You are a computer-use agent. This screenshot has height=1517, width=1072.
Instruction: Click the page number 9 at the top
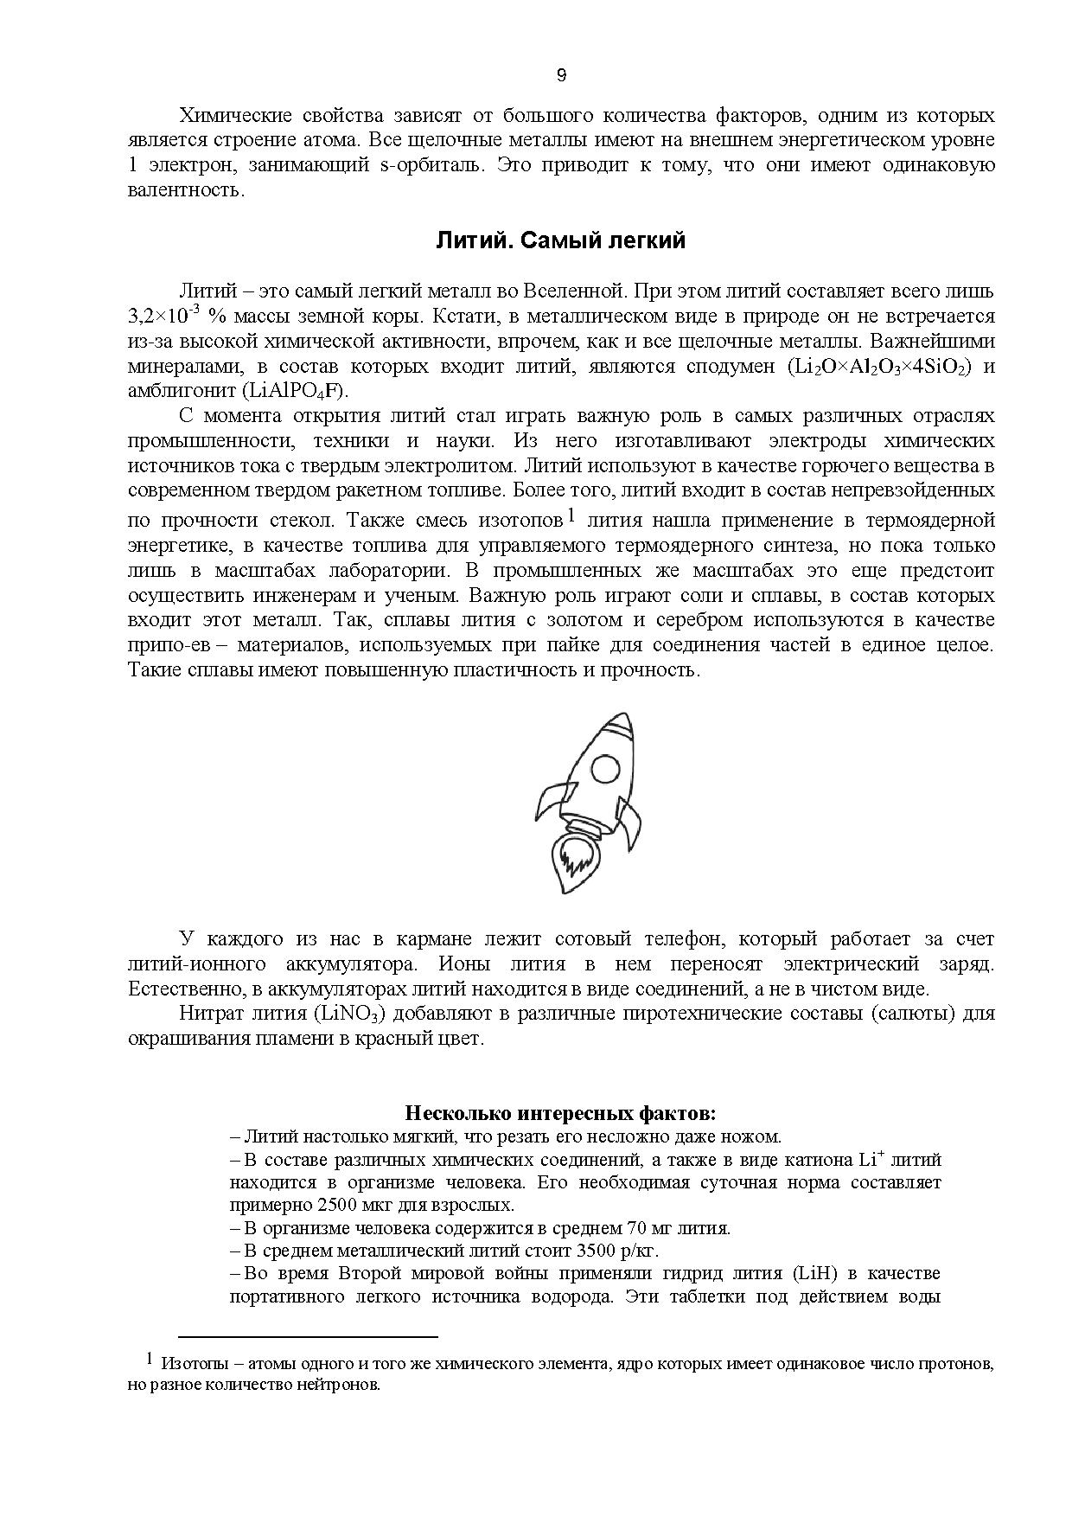561,76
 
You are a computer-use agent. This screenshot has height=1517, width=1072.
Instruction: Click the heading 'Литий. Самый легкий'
560,240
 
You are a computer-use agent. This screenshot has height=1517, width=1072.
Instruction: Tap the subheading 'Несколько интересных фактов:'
560,1112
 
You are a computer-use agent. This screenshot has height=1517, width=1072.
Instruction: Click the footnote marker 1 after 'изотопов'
571,517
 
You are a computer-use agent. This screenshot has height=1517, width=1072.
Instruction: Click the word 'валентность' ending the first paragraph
185,190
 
